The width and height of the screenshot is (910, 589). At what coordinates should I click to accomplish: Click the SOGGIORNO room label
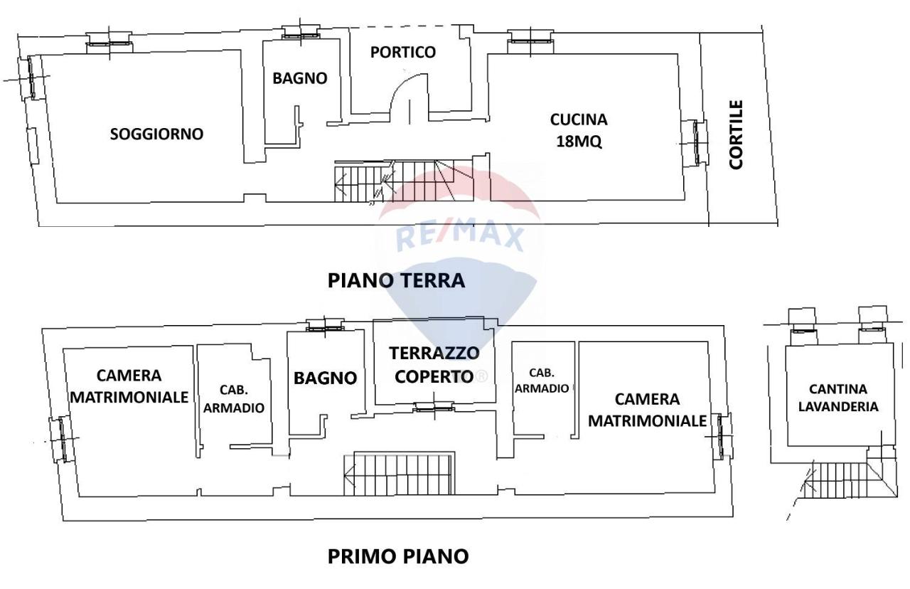click(156, 134)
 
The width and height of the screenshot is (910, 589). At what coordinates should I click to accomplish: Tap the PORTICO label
click(403, 52)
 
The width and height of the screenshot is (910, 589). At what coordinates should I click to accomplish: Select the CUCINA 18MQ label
click(579, 130)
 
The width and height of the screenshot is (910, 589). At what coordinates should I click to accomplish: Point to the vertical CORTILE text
click(737, 134)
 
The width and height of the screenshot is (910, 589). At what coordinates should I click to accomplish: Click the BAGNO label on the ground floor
click(300, 78)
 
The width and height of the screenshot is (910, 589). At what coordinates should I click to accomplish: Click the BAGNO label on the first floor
click(325, 378)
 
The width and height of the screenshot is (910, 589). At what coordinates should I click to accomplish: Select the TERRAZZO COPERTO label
click(434, 364)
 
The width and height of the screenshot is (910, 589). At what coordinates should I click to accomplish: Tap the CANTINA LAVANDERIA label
click(837, 398)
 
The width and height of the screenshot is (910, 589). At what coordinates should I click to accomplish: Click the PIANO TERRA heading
click(396, 280)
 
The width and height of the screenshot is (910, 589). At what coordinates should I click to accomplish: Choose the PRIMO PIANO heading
click(398, 556)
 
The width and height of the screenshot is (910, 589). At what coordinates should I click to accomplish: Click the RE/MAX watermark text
click(460, 235)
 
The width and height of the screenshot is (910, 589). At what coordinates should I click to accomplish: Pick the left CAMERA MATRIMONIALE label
click(129, 386)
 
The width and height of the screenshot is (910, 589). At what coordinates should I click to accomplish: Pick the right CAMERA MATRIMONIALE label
click(647, 410)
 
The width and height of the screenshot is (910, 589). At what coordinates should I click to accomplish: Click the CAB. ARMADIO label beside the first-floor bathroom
click(233, 399)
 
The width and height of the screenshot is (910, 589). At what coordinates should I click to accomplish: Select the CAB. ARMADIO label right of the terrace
click(542, 381)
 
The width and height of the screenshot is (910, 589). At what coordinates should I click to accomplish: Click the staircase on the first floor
click(402, 473)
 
